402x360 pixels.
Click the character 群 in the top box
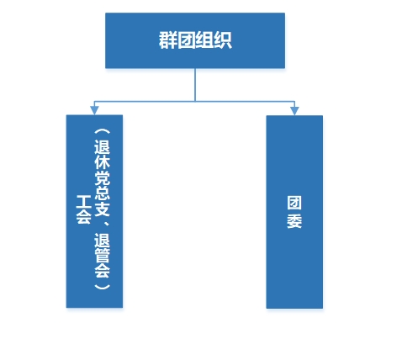(168, 40)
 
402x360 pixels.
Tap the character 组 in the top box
(204, 40)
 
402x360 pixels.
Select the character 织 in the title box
(223, 40)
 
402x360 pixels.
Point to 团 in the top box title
(186, 40)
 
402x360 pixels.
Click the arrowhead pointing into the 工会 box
(94, 110)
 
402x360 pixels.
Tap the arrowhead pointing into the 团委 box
(294, 111)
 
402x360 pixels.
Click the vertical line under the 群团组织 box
(195, 85)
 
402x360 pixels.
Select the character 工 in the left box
(84, 202)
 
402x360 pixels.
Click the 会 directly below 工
(84, 217)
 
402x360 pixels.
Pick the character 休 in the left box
(102, 162)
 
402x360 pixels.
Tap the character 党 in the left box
(102, 177)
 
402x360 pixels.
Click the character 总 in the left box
(102, 193)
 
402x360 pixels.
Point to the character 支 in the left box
(102, 209)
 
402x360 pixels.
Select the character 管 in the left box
(102, 255)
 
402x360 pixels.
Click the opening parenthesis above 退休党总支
(102, 131)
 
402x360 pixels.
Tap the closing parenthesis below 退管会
(102, 286)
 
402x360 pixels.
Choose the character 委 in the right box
(294, 221)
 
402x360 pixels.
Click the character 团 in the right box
(294, 203)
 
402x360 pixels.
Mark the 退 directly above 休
(102, 146)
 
